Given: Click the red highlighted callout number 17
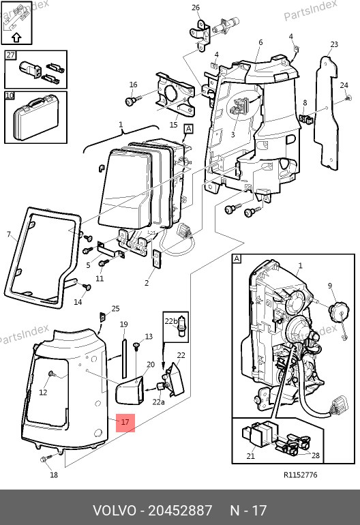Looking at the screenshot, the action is [x=125, y=423].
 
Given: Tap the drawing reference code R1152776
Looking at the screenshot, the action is [x=301, y=475].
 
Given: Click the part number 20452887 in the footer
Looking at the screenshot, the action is [x=180, y=511].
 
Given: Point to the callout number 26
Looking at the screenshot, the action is [x=196, y=7].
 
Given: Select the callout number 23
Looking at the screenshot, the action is [x=334, y=44].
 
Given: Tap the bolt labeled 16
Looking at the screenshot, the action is [x=130, y=100].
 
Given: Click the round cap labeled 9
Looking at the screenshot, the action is [x=337, y=312].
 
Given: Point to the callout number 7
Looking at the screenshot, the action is [x=9, y=234].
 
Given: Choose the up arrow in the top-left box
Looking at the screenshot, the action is [x=17, y=37].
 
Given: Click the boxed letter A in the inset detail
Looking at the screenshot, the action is [x=237, y=259].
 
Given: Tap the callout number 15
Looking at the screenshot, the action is [x=173, y=125].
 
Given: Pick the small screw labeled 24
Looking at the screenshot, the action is [x=348, y=98].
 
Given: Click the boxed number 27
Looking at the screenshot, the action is [x=10, y=55].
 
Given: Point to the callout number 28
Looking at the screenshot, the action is [x=316, y=455].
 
